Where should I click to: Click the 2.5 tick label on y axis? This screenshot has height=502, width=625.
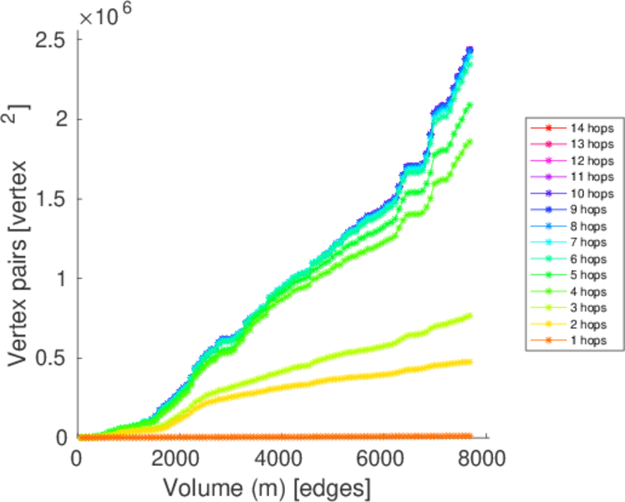tap(50, 39)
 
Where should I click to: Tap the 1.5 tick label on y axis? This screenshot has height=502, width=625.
tap(50, 199)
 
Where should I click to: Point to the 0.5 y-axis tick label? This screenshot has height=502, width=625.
tap(50, 358)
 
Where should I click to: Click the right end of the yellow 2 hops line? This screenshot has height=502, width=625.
tap(470, 361)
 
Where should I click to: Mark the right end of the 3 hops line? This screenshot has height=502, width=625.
tap(470, 315)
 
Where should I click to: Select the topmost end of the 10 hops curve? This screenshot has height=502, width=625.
tap(470, 50)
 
